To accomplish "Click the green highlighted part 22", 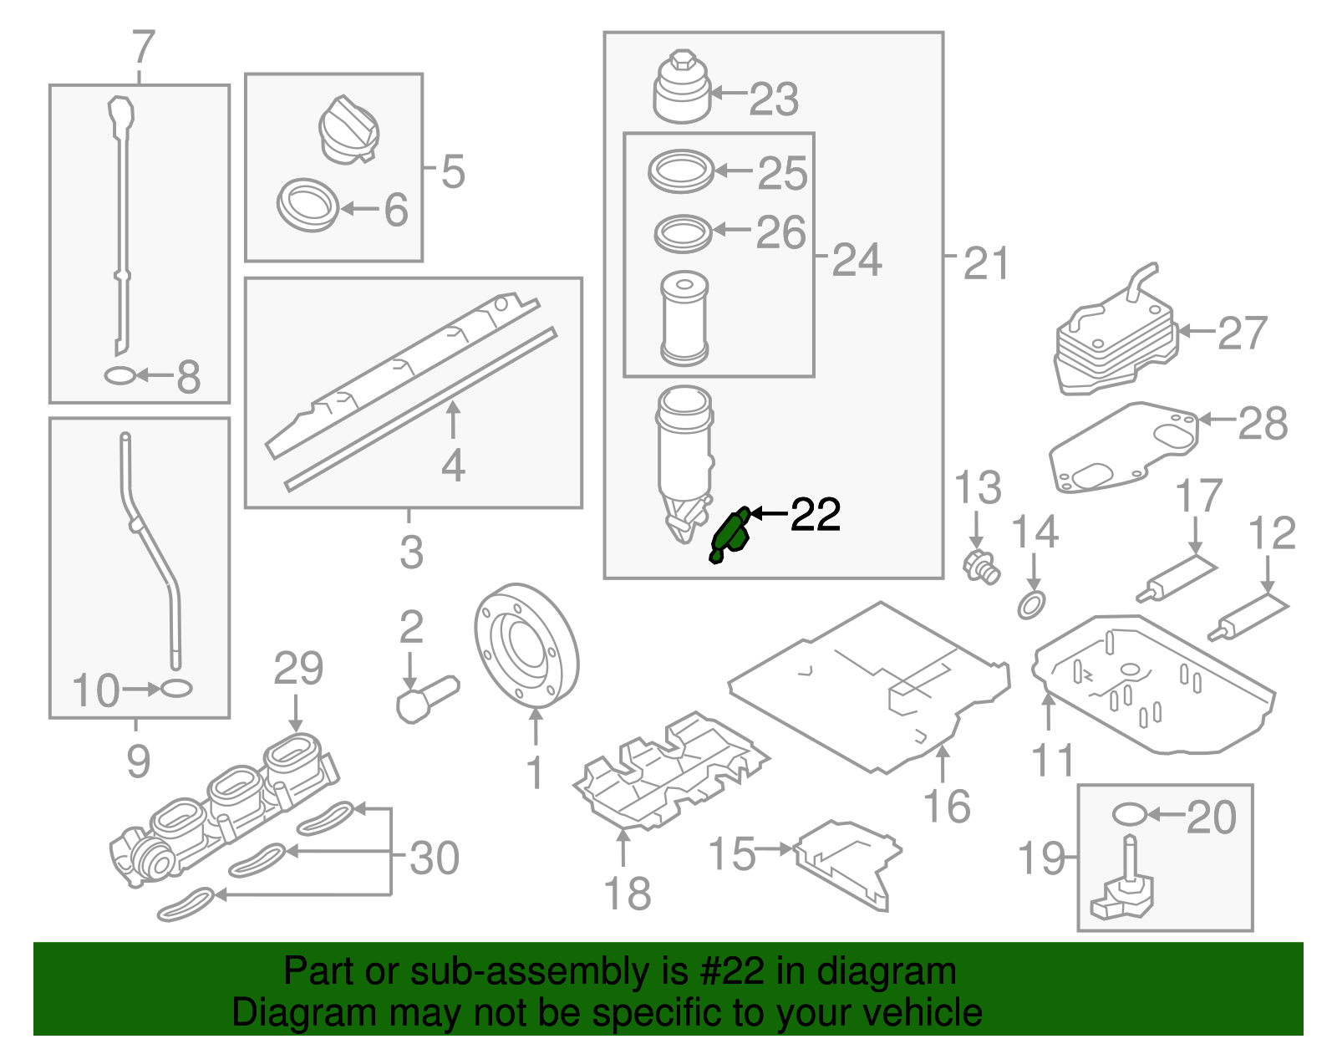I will tap(729, 535).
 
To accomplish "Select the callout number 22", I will tap(815, 515).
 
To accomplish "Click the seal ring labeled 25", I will tap(681, 171).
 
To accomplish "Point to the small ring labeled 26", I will tap(683, 233).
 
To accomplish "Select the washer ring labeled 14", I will tap(1032, 604).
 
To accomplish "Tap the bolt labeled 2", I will tap(426, 698).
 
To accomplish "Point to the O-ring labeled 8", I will tap(119, 376).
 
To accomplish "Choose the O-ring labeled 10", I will tap(175, 689).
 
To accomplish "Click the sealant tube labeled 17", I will tap(1177, 578).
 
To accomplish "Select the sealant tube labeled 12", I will tap(1248, 617).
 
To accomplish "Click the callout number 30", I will tap(435, 858).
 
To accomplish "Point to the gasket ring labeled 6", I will tap(307, 206).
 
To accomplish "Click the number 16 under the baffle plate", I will tap(947, 806).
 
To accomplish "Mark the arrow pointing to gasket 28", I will tap(1218, 419).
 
